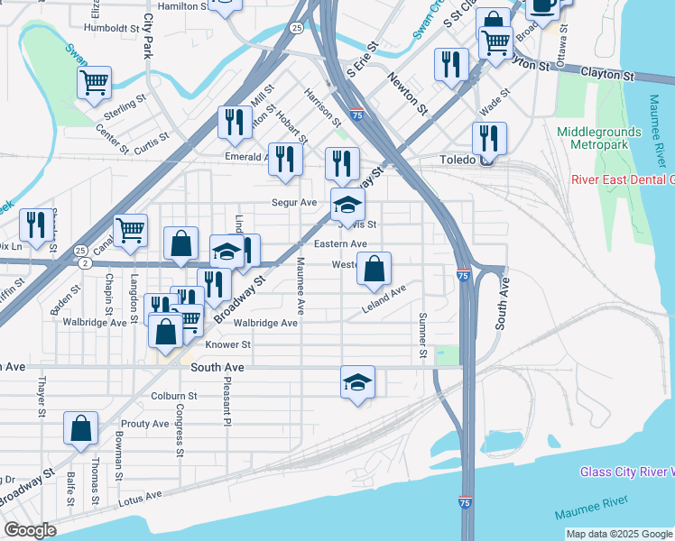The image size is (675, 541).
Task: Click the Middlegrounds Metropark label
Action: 599,138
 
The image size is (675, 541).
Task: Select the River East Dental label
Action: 623,179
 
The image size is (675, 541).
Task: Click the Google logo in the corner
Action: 30,530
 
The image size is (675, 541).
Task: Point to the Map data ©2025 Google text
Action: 619,534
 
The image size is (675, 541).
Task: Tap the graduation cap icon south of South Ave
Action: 358,382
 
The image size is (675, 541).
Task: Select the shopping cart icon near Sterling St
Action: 94,83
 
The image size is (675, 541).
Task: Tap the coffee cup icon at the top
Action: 542,5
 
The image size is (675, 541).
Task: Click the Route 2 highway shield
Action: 84,263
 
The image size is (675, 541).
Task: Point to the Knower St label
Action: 227,344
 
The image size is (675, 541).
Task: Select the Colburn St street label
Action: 174,396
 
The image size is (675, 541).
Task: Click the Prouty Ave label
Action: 144,424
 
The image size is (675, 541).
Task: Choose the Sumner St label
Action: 421,335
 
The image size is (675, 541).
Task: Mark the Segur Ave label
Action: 295,203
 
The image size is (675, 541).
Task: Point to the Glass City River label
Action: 626,472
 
